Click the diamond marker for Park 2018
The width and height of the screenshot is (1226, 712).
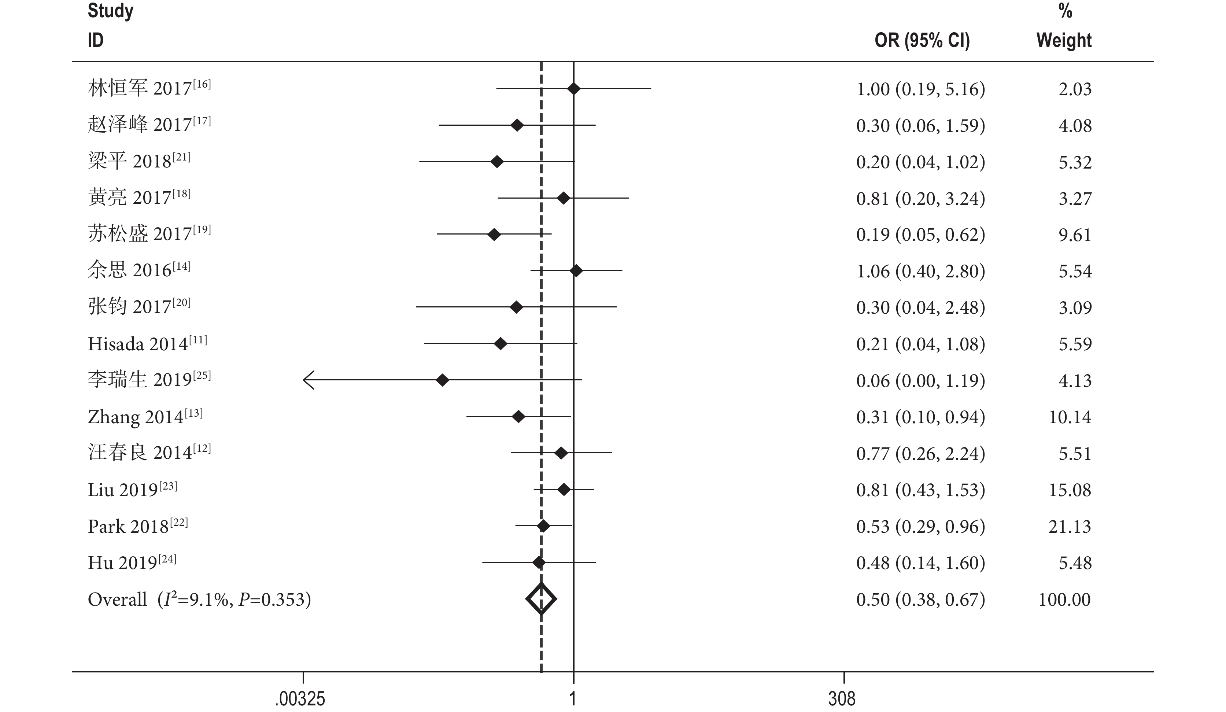(543, 526)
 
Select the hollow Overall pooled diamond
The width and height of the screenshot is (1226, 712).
(541, 599)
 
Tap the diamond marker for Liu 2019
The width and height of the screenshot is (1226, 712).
(564, 490)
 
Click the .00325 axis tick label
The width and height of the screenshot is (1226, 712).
(300, 699)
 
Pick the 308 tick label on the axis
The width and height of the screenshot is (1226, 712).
(842, 699)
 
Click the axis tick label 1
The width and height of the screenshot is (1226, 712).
(573, 699)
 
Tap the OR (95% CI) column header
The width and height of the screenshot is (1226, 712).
(922, 40)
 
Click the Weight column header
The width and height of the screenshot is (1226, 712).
(1064, 40)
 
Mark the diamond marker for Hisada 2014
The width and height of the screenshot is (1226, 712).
(500, 344)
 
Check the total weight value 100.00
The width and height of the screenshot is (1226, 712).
(1064, 600)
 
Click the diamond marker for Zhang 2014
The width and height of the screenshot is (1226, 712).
(518, 417)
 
